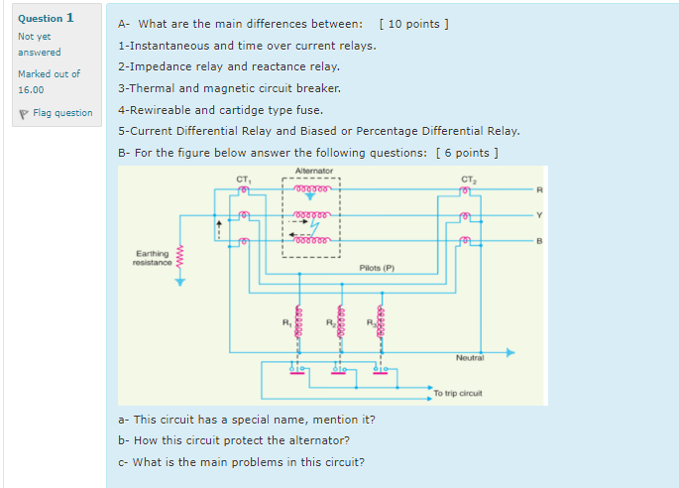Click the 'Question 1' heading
click(x=46, y=18)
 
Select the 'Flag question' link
click(x=58, y=112)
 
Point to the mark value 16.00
click(x=31, y=89)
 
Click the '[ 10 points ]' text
click(x=414, y=24)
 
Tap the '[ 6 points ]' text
click(x=466, y=152)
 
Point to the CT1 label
click(x=243, y=179)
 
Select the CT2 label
click(x=467, y=179)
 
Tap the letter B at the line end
click(x=540, y=239)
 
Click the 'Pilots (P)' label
click(x=377, y=268)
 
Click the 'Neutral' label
click(x=470, y=357)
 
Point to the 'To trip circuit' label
click(x=458, y=394)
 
